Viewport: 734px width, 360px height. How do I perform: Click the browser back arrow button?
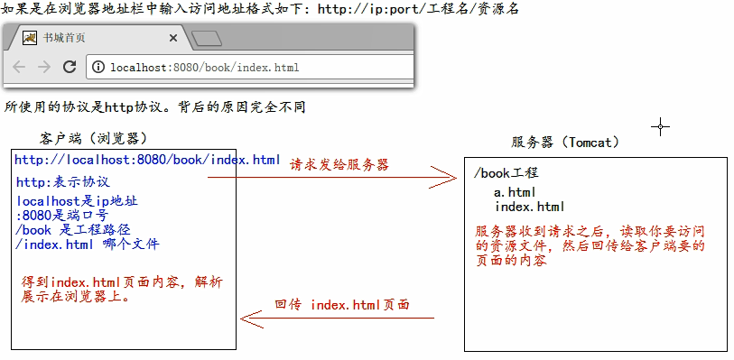click(x=20, y=67)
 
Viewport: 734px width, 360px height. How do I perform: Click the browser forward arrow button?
click(x=43, y=67)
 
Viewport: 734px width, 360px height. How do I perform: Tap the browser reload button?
click(x=69, y=67)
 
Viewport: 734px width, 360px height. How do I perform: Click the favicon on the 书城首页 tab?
click(x=30, y=38)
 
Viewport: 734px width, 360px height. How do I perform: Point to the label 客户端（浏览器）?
click(x=94, y=138)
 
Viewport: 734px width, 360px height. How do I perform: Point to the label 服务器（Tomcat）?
click(x=565, y=142)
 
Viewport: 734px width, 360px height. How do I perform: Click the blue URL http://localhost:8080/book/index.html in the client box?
click(x=147, y=160)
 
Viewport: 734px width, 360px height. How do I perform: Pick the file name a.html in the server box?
click(x=515, y=192)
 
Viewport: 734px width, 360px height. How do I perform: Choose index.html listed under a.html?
click(x=530, y=207)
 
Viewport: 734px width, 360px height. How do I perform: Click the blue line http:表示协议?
click(x=62, y=181)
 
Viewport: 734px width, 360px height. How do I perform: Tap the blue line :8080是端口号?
click(x=61, y=216)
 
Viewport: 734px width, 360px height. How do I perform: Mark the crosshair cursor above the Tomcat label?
click(x=661, y=126)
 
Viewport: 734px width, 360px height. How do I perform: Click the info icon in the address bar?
click(x=98, y=68)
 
